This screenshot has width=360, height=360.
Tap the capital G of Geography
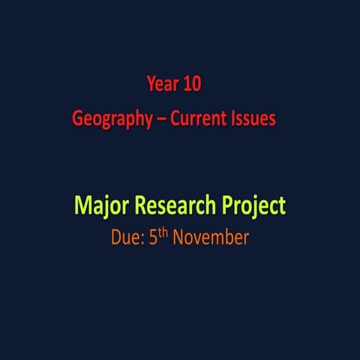77,118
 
